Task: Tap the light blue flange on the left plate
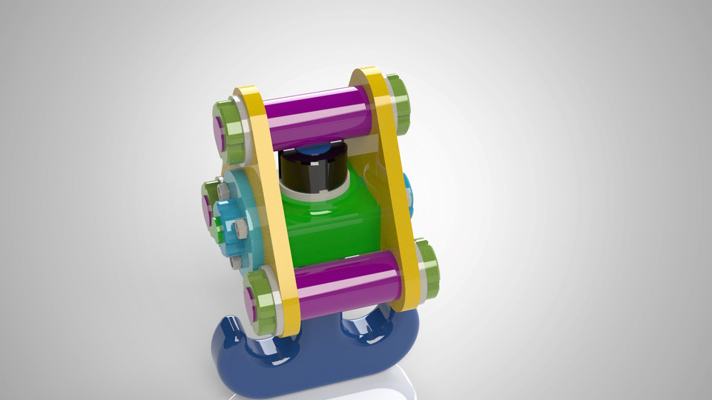(x=245, y=222)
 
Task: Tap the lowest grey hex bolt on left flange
(x=235, y=261)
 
